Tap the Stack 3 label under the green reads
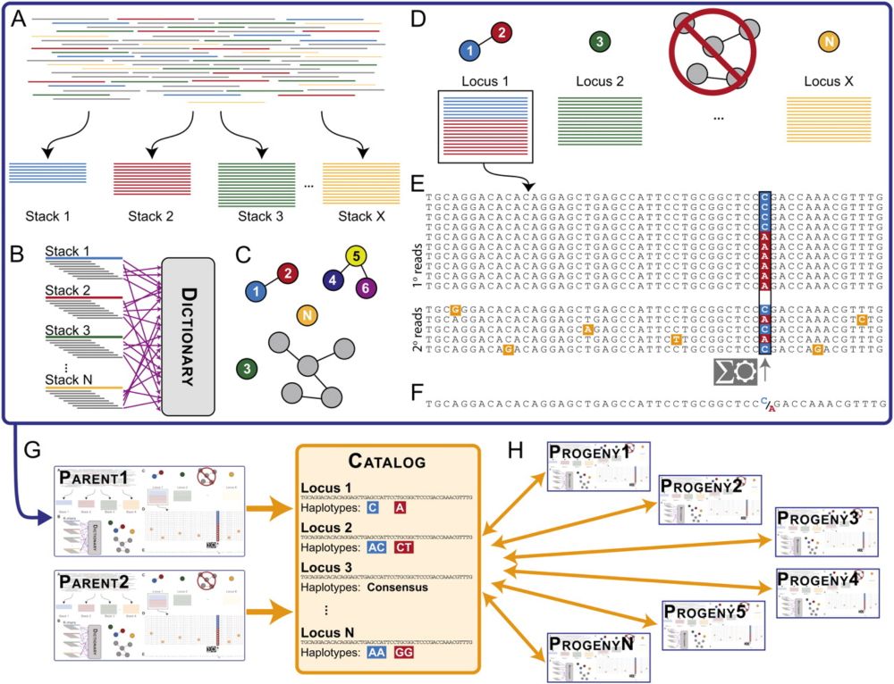(x=260, y=215)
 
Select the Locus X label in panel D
(x=822, y=80)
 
